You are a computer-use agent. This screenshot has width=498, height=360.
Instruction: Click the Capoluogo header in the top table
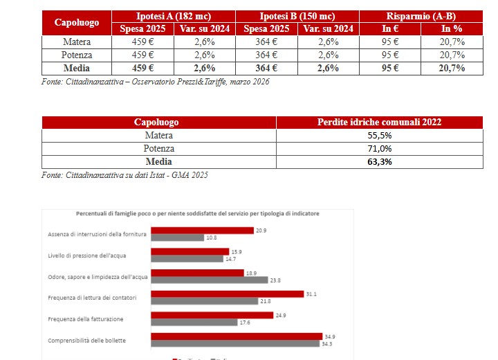(77, 22)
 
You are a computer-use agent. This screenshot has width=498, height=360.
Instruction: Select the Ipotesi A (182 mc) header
(174, 16)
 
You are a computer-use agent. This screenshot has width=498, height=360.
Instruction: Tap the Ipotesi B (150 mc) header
(298, 16)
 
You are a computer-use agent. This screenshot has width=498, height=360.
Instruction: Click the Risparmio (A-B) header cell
(423, 16)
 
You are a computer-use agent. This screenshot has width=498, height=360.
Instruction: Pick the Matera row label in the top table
(77, 42)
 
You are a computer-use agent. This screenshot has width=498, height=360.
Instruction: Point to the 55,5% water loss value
(380, 136)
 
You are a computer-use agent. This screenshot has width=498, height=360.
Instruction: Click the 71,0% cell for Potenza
(380, 148)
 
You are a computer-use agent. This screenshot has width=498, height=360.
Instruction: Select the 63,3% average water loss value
(380, 161)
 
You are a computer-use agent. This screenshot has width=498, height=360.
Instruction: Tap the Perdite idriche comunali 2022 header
(380, 123)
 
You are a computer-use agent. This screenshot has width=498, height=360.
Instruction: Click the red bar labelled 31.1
(228, 294)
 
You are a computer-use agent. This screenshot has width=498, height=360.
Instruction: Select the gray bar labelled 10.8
(177, 237)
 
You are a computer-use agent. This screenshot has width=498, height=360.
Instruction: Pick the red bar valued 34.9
(234, 336)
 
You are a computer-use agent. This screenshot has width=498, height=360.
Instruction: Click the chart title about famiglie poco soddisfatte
(198, 214)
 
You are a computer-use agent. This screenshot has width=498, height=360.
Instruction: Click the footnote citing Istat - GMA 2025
(124, 175)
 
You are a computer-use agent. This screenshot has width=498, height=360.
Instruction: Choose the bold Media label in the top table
(77, 69)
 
